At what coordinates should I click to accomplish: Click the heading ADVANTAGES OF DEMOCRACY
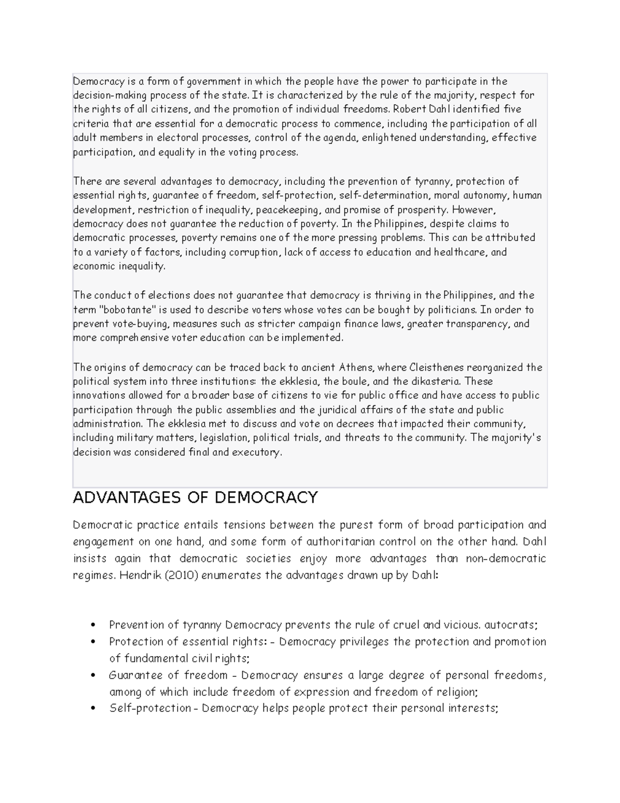coord(195,497)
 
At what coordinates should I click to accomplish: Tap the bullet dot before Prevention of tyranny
coord(94,625)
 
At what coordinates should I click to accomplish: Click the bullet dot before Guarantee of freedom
coord(94,675)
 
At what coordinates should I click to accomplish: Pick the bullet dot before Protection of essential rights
coord(94,642)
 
